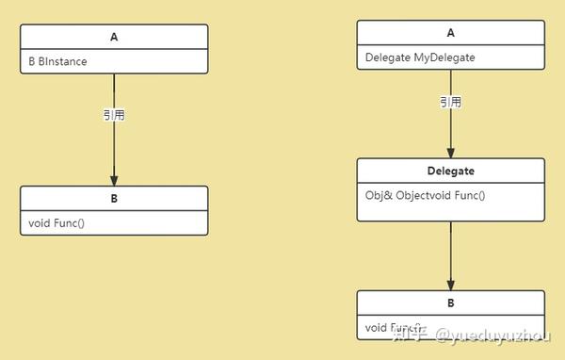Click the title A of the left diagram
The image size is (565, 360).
click(x=114, y=37)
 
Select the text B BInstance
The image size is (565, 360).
click(x=57, y=61)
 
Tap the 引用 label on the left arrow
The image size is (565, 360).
click(x=114, y=115)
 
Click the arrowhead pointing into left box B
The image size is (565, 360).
click(x=114, y=179)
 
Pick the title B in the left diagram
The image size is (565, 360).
click(x=114, y=199)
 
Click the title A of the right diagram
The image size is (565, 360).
click(x=450, y=33)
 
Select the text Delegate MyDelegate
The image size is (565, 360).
click(x=420, y=57)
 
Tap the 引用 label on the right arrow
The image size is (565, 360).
click(x=450, y=102)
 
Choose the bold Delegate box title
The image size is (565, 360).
click(x=450, y=172)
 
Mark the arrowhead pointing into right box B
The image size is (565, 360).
click(x=450, y=284)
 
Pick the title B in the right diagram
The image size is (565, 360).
click(x=450, y=303)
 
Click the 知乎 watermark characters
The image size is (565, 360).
click(x=411, y=333)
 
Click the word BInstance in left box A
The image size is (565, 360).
click(x=66, y=61)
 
